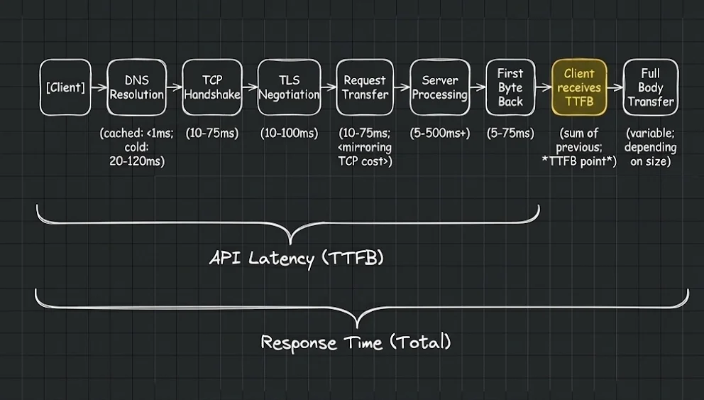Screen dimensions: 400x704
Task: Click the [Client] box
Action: click(65, 87)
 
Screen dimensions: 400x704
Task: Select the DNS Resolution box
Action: click(136, 87)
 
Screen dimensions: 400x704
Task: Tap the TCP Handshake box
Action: click(212, 87)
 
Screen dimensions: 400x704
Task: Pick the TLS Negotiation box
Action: click(288, 87)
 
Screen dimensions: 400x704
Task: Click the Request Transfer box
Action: click(365, 87)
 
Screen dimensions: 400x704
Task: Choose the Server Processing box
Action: click(440, 87)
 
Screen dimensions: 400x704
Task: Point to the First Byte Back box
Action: click(510, 87)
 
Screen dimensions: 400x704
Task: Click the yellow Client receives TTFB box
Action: click(578, 87)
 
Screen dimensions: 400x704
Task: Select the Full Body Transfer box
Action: click(650, 87)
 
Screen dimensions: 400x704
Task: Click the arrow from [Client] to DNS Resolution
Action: click(99, 88)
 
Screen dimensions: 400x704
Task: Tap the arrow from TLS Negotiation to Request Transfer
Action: click(328, 88)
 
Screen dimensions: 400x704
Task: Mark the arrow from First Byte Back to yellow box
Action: click(543, 88)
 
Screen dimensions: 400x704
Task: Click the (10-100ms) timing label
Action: click(289, 134)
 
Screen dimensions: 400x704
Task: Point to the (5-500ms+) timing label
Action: click(440, 134)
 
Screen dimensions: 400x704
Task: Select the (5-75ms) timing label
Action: click(510, 134)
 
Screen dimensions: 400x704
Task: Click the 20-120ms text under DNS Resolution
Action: click(138, 161)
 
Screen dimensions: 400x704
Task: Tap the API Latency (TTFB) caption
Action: click(297, 258)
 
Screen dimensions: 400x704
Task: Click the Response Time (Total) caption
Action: click(356, 342)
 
